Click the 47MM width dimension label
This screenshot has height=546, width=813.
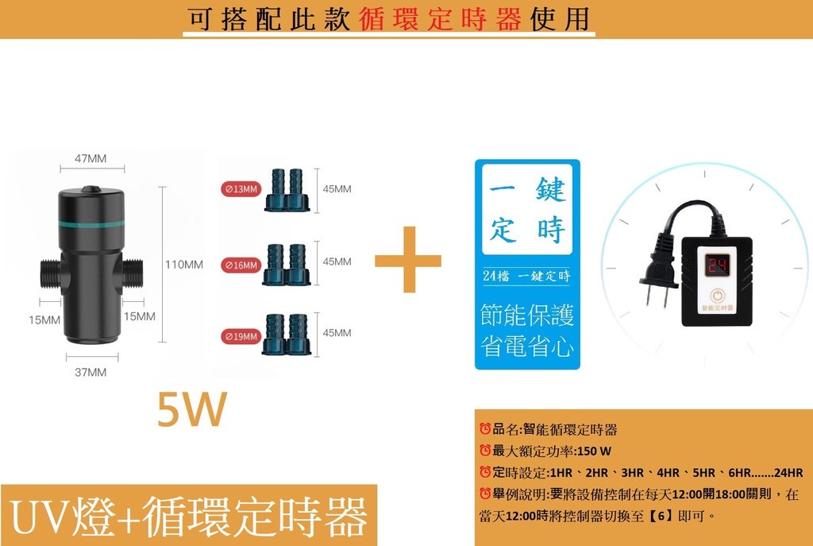point(91,158)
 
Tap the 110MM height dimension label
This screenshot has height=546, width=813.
point(183,264)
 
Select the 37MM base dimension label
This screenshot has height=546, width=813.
point(91,372)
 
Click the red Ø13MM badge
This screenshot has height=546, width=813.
point(241,189)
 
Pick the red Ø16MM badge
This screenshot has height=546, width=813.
point(241,265)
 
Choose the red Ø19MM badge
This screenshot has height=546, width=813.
point(241,337)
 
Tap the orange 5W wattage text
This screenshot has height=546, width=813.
point(192,410)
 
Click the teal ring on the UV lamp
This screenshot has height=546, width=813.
point(89,225)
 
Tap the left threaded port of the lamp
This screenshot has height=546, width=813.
point(48,273)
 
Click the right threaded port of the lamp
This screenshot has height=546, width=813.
point(132,273)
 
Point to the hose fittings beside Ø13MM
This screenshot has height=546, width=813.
point(287,191)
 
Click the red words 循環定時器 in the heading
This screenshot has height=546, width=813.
point(439,19)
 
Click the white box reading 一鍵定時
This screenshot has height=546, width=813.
point(527,211)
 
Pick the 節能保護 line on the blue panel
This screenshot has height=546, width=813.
point(527,315)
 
